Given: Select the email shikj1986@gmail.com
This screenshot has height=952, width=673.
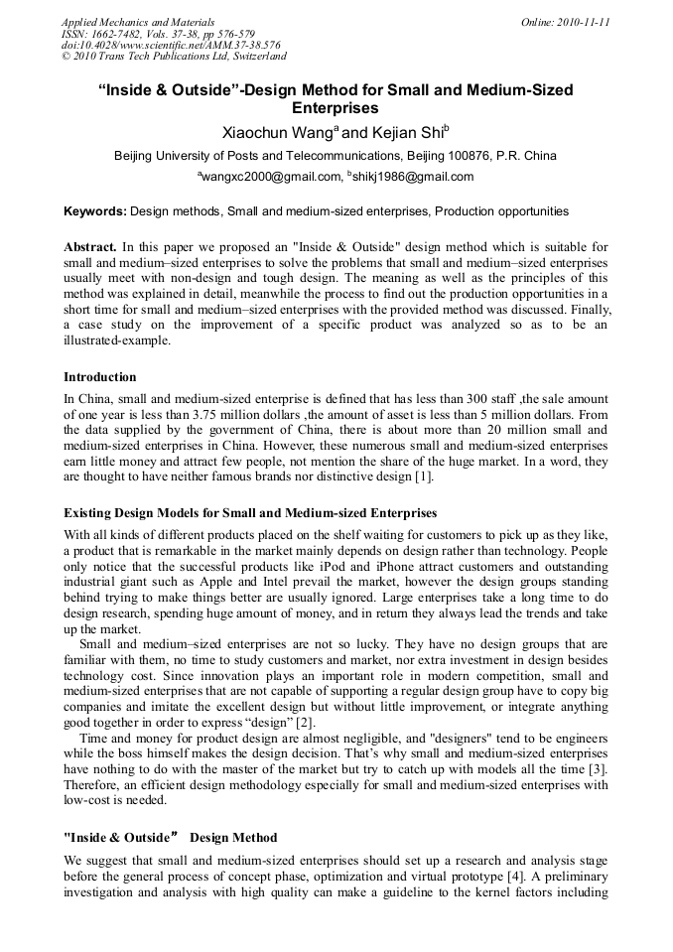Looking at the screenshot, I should pyautogui.click(x=412, y=178).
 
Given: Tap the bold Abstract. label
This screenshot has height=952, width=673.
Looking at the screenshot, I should pyautogui.click(x=90, y=246).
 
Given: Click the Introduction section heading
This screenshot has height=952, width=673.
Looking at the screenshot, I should pyautogui.click(x=100, y=377).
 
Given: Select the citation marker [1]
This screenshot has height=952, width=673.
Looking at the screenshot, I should pyautogui.click(x=423, y=477).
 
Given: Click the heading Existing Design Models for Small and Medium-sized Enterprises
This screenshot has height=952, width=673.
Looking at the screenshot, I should pyautogui.click(x=250, y=513).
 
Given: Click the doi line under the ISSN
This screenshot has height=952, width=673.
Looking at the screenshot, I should pyautogui.click(x=171, y=46).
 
